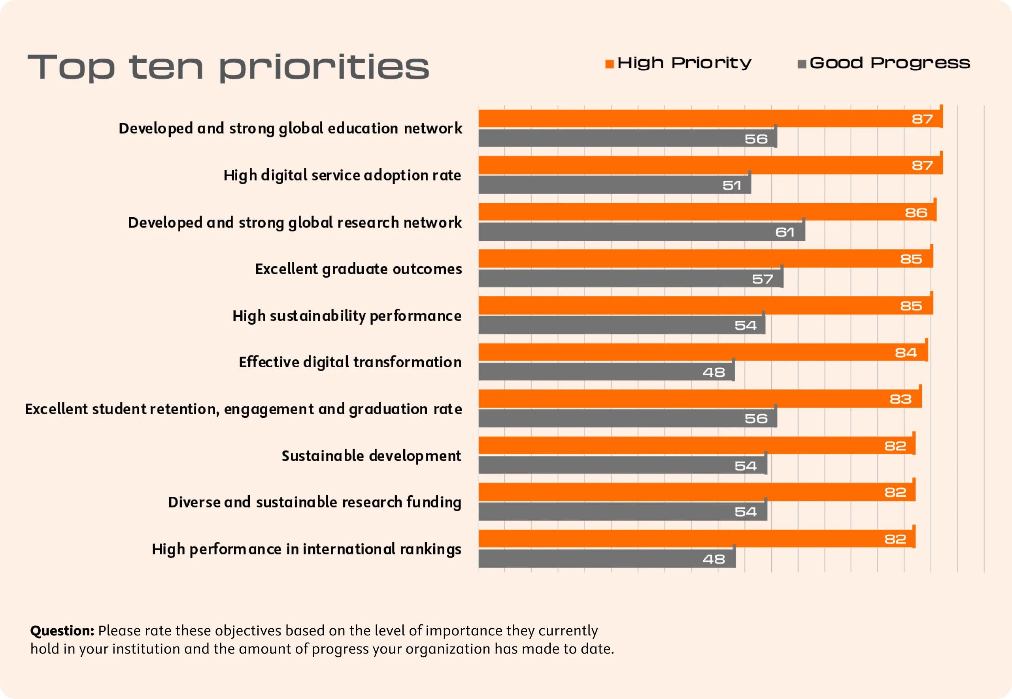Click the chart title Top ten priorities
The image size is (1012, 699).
click(x=228, y=68)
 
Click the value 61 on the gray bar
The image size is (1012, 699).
click(x=785, y=232)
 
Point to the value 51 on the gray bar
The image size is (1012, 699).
click(x=731, y=186)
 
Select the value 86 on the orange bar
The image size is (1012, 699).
click(x=916, y=213)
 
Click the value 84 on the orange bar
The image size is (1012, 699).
click(x=906, y=353)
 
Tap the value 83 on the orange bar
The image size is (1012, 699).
click(x=900, y=399)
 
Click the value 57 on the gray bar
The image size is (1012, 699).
click(x=762, y=279)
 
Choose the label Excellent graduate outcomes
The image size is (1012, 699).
click(x=358, y=269)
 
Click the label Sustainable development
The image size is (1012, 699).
click(x=371, y=456)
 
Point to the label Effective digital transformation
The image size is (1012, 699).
click(x=350, y=362)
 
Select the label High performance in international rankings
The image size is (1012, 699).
click(x=306, y=549)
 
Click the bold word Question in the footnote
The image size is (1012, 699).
click(x=62, y=631)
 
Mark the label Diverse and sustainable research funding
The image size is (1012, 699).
click(x=314, y=502)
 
